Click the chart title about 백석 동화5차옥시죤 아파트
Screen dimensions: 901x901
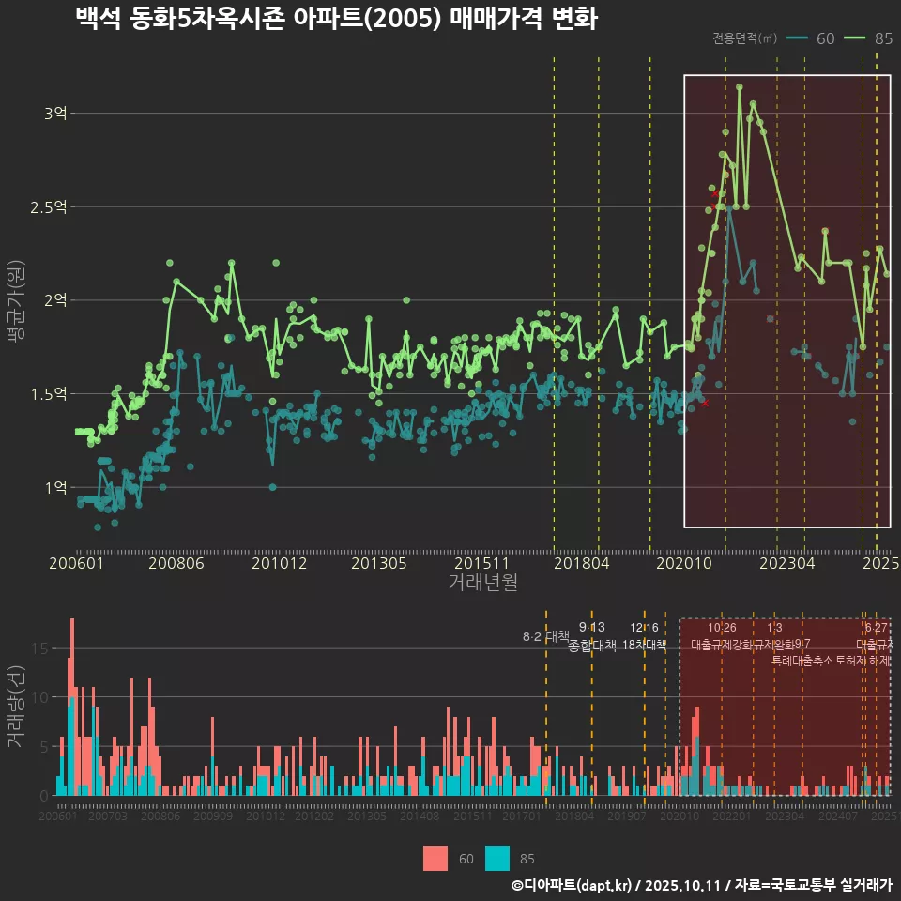336,19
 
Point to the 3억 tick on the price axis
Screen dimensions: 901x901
55,113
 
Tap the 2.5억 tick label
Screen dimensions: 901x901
49,206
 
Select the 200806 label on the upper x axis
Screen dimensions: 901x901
176,563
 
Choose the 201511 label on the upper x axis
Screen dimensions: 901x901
481,563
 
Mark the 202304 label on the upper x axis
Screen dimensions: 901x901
786,563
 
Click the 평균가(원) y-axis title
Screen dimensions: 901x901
14,300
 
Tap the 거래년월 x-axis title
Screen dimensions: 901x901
482,582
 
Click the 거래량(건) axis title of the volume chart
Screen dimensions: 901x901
14,706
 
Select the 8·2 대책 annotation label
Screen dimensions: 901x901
546,636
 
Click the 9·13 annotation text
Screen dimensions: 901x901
591,627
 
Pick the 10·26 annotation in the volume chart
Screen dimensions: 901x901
722,627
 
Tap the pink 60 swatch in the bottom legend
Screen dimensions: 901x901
435,858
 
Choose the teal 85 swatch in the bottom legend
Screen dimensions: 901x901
497,858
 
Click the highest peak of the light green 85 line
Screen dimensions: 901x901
740,86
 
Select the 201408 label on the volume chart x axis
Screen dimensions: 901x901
420,817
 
